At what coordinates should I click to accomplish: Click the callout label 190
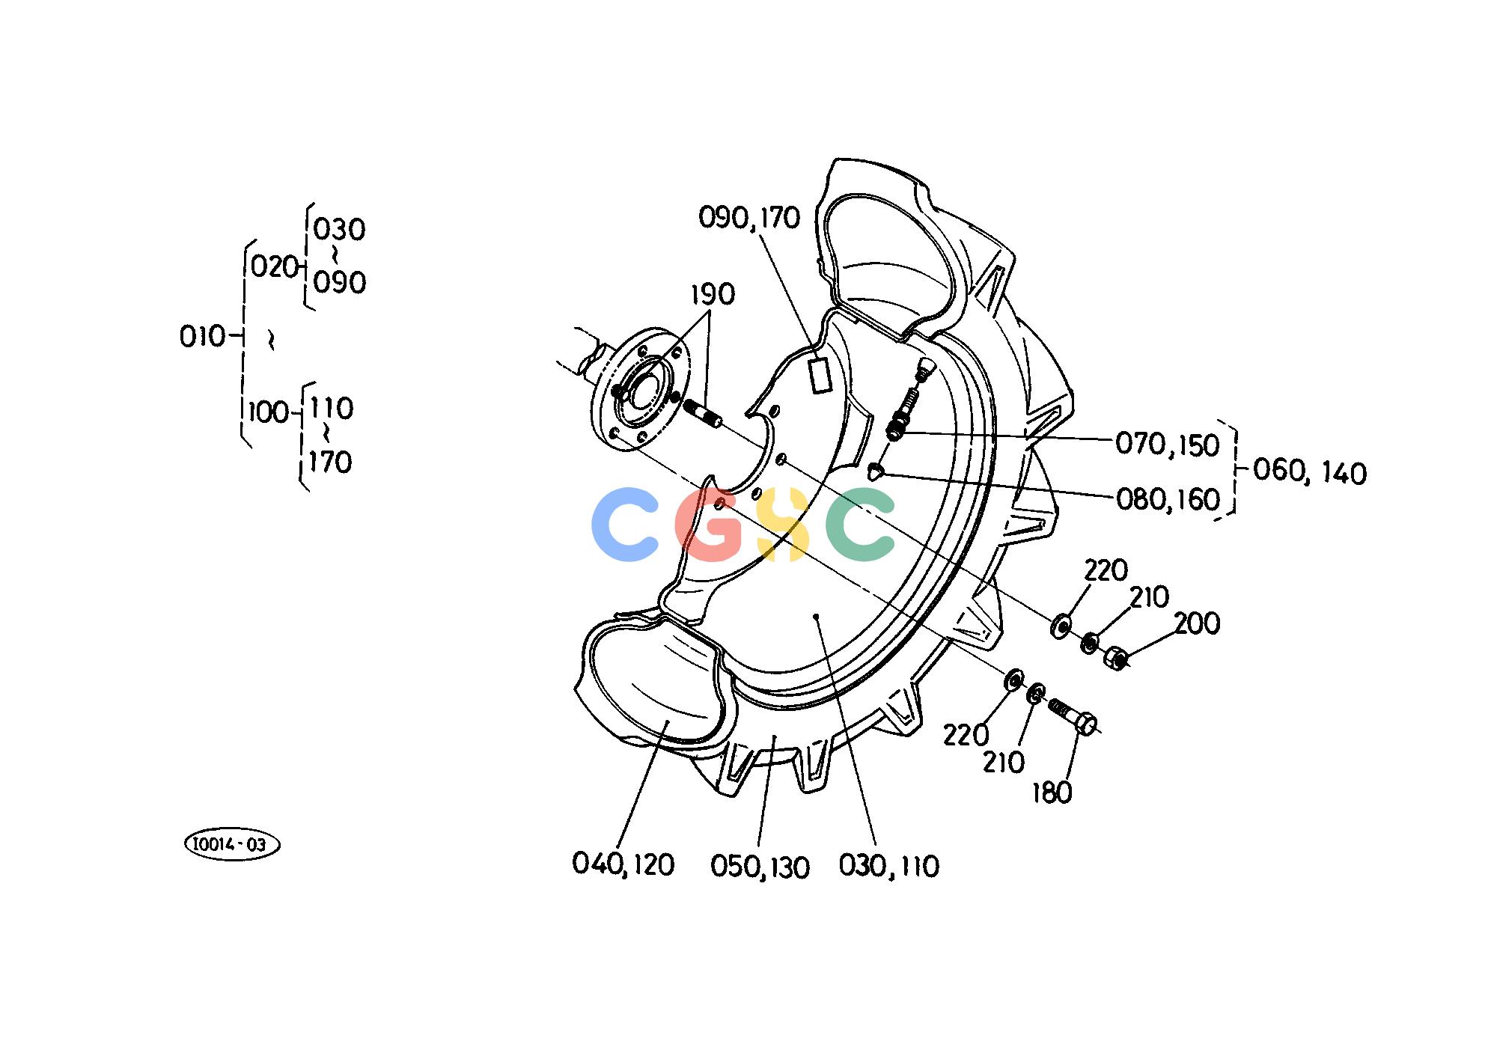pyautogui.click(x=712, y=295)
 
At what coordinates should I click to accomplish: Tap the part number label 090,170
pyautogui.click(x=749, y=218)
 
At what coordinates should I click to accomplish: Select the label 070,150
pyautogui.click(x=1168, y=445)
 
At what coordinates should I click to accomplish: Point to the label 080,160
pyautogui.click(x=1168, y=499)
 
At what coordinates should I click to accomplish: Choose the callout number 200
pyautogui.click(x=1197, y=623)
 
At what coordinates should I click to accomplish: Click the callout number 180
pyautogui.click(x=1052, y=793)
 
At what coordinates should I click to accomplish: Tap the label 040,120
pyautogui.click(x=623, y=864)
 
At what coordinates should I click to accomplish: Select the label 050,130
pyautogui.click(x=760, y=867)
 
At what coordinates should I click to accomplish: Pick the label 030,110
pyautogui.click(x=888, y=866)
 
